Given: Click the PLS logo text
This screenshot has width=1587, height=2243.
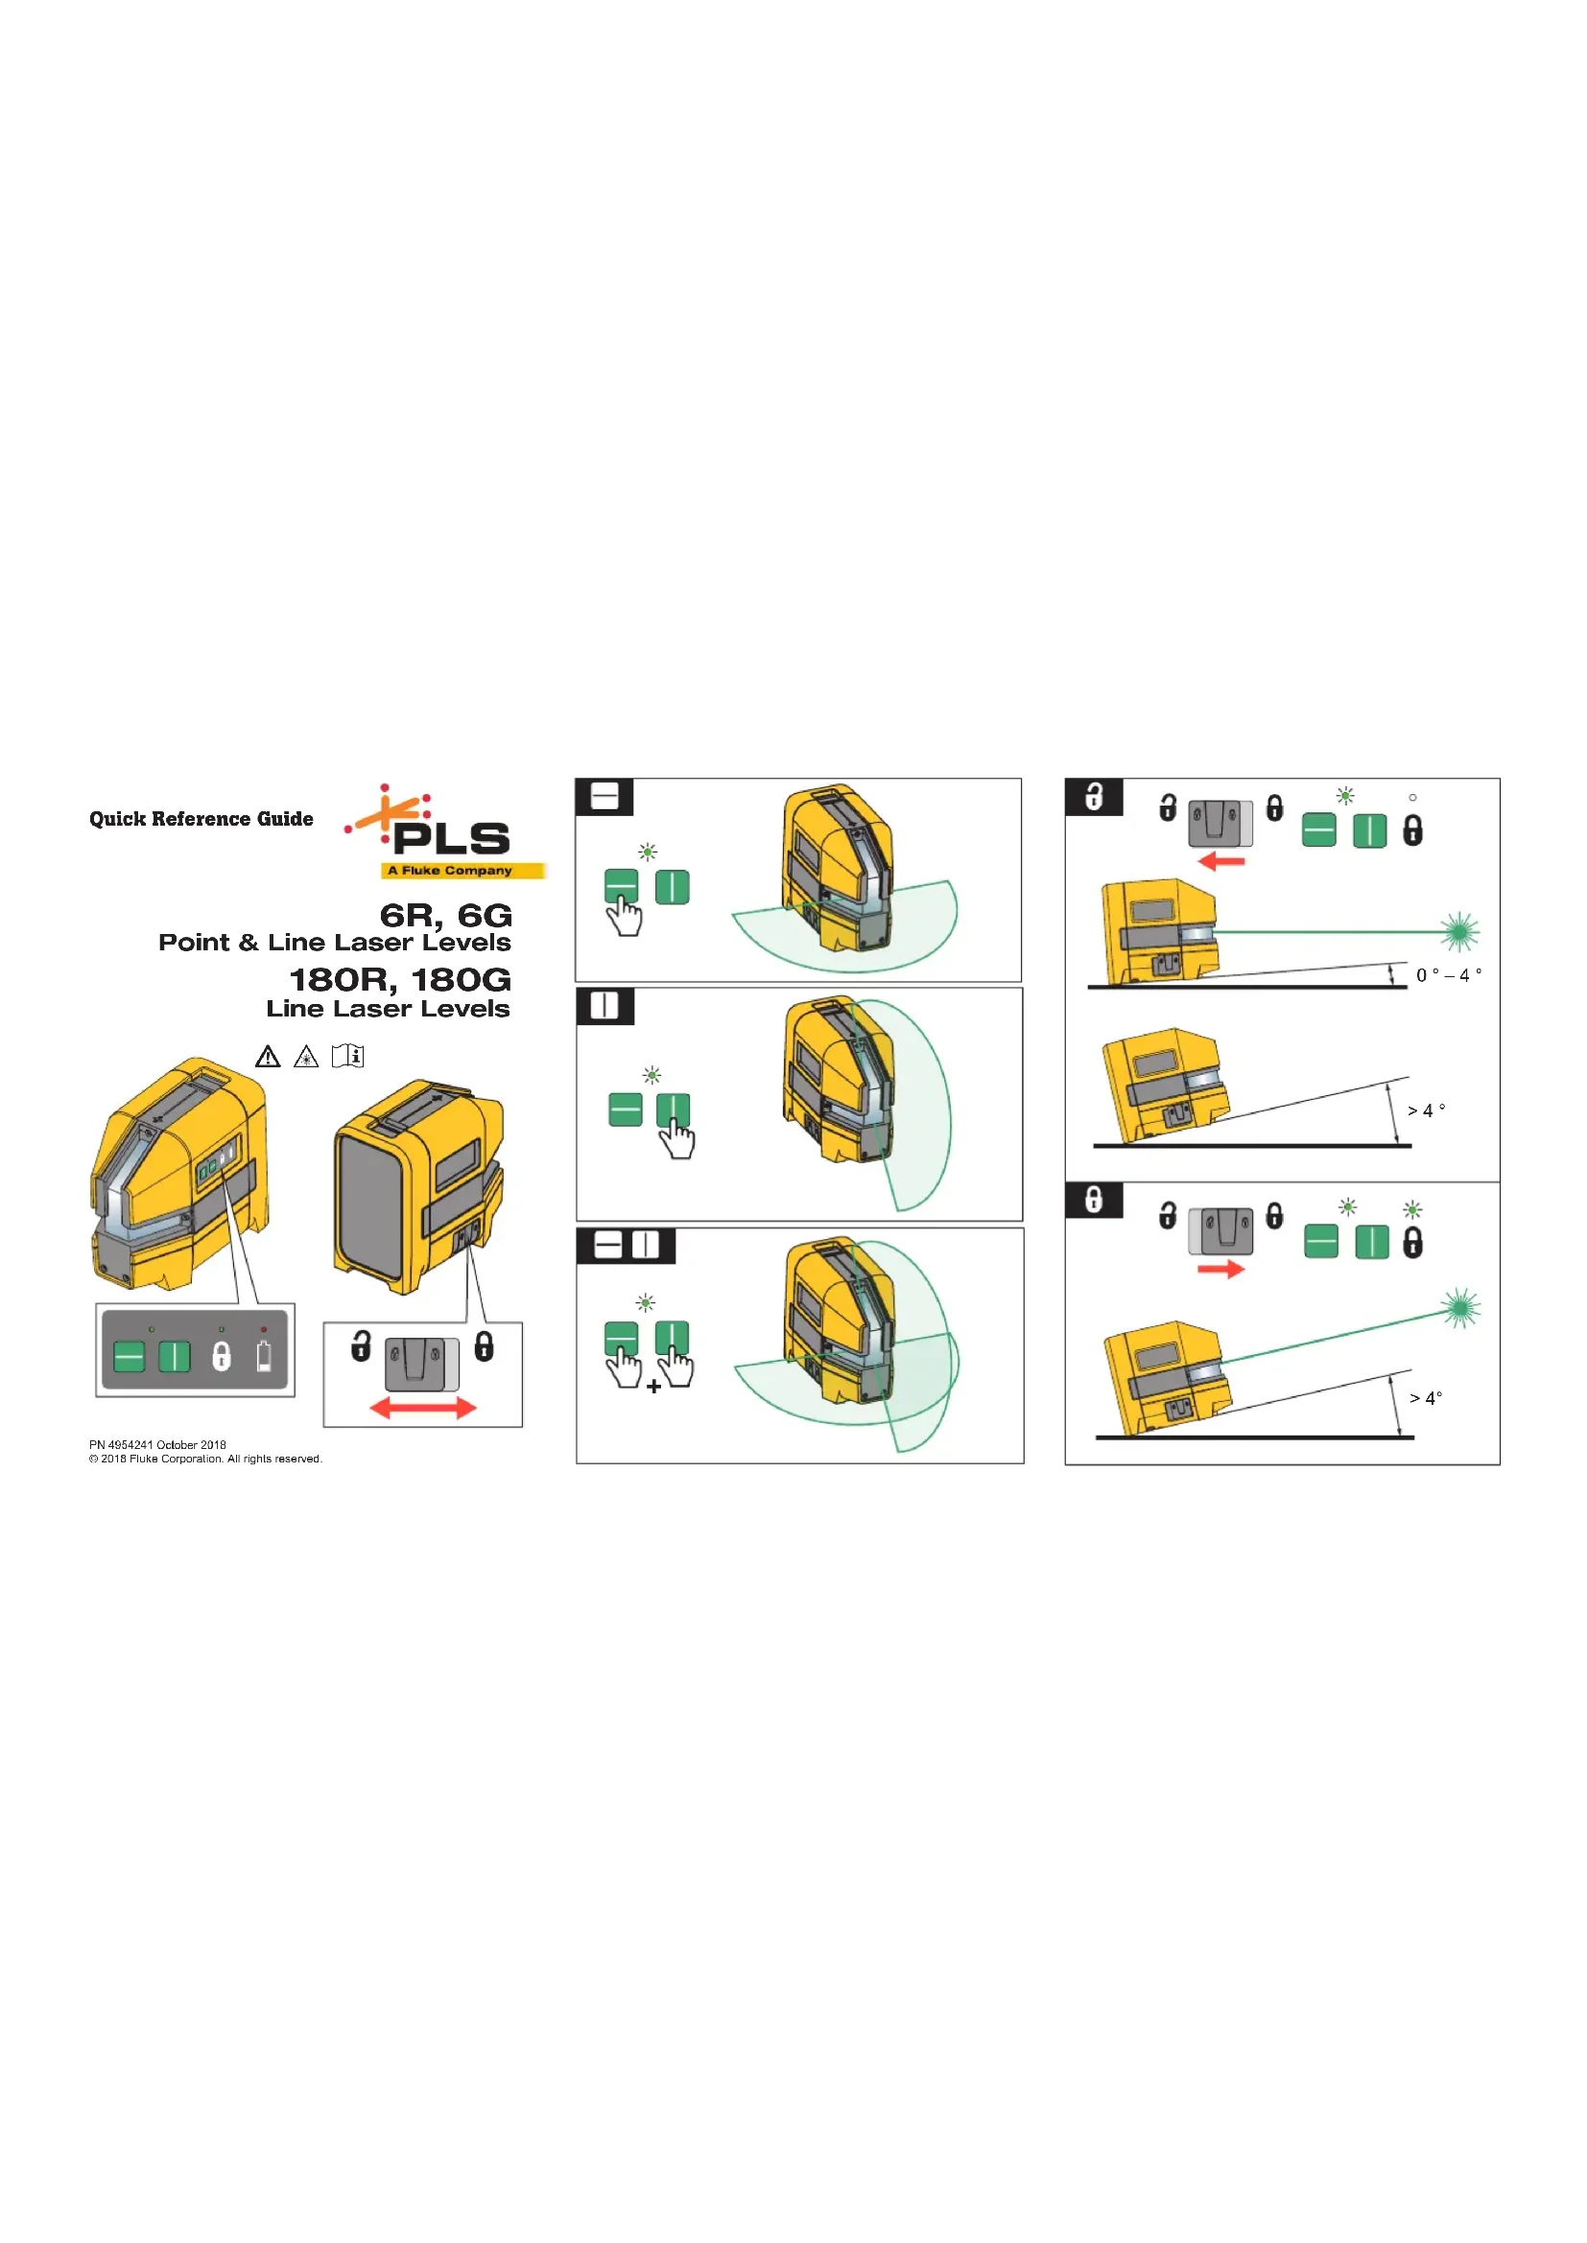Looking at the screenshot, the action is pos(452,838).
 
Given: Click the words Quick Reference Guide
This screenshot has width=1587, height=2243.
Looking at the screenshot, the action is pos(201,819).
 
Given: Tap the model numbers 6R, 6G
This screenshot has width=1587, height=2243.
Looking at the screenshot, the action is pos(445,916).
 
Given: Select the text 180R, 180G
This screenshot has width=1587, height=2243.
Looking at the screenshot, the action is pos(400,980).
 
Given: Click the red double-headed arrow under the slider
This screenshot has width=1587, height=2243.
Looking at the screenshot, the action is pos(423,1408).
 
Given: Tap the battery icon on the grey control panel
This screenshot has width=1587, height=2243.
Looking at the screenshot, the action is pos(264,1356).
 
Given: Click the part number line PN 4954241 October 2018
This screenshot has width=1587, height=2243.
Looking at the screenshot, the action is pos(157,1445).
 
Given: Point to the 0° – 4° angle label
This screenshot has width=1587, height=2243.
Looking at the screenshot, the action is pos(1448,975).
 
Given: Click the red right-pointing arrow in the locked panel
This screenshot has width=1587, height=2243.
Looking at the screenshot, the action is pos(1221,1269).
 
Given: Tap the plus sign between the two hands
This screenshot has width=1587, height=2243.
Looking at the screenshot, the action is pos(653,1387).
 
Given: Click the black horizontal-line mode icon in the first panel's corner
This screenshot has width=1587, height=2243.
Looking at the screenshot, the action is pos(604,797).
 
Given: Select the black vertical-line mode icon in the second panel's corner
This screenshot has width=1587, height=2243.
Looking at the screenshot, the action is pos(604,1006).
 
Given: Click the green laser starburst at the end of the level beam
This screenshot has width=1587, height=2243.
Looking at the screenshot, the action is pos(1459,931).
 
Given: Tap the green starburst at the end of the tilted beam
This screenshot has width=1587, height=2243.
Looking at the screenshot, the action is pos(1461,1308).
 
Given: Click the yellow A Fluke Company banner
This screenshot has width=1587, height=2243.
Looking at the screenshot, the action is pos(462,871).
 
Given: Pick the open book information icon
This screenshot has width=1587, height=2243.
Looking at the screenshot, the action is pos(348,1056).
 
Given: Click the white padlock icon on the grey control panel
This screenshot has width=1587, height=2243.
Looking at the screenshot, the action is pos(222,1356).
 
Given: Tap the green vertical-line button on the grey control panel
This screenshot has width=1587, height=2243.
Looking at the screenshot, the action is pos(175,1356).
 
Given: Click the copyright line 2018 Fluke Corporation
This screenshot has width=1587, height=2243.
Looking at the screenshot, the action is pos(205,1459).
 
